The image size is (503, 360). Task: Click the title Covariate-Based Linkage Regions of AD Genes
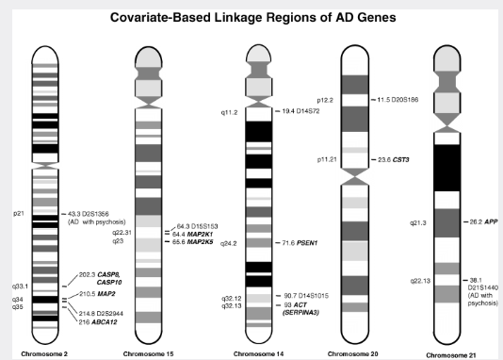(x=251, y=17)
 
